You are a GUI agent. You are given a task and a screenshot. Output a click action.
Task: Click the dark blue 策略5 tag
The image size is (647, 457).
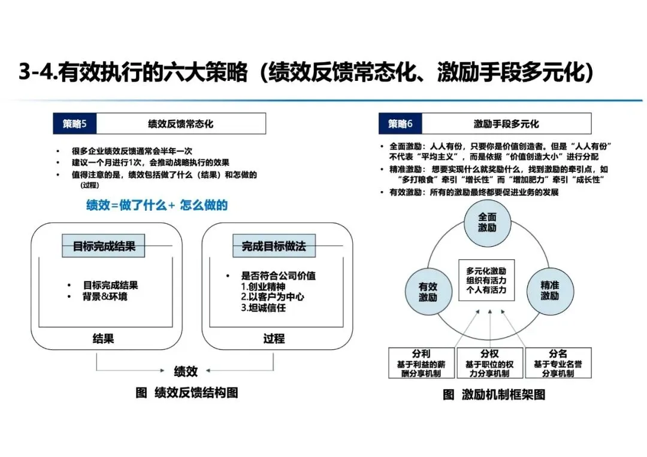pos(75,124)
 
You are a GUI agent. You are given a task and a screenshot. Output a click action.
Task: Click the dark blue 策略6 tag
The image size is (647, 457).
pos(400,124)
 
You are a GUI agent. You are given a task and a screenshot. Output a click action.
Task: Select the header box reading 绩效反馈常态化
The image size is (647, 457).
pos(180,124)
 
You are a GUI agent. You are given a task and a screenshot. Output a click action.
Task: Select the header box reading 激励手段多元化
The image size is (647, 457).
pos(506,124)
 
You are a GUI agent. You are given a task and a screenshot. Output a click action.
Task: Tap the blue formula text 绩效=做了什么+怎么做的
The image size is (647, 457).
pos(157,205)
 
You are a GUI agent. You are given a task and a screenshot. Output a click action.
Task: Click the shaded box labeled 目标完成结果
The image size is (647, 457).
pos(104,246)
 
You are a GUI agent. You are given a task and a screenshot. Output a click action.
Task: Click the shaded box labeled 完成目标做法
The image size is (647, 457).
pos(273,246)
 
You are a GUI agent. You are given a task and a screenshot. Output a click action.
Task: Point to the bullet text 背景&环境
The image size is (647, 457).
pos(105,297)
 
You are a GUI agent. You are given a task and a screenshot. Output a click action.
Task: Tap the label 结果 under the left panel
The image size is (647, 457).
pos(103,339)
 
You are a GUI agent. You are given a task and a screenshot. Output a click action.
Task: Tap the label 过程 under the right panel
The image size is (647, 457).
pos(274,339)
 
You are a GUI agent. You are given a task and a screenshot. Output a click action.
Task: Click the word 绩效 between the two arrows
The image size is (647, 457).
pos(186,371)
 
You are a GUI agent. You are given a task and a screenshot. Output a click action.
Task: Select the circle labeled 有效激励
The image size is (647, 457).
pos(428,292)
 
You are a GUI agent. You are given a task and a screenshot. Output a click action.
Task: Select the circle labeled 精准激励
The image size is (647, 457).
pos(549,291)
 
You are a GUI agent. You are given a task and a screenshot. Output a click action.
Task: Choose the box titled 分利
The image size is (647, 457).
pos(422,363)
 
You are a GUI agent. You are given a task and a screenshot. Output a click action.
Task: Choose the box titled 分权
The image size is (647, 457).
pos(489,363)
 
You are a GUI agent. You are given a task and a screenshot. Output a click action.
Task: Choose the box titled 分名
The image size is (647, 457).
pos(558,363)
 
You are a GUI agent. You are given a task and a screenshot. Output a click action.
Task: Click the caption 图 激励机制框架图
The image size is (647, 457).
pos(494,395)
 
